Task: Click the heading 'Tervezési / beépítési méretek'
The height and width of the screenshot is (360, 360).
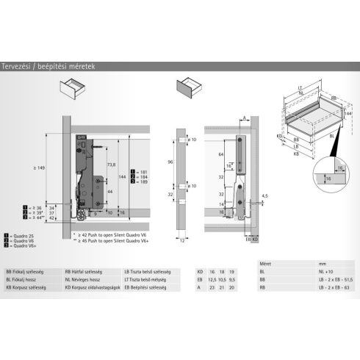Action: point(48,66)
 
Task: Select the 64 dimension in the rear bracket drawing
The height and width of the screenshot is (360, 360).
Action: point(220,155)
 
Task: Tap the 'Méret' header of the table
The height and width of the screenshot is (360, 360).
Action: point(266,262)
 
